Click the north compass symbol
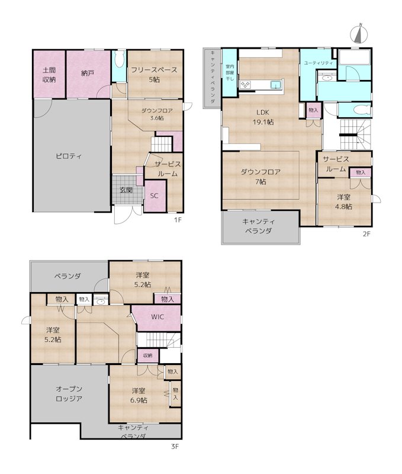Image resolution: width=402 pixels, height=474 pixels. click(359, 33)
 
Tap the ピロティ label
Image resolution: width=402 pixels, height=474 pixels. click(69, 156)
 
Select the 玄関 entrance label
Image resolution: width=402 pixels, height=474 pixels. click(126, 190)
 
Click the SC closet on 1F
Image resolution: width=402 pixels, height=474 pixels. click(155, 196)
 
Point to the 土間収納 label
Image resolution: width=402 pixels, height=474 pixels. click(49, 75)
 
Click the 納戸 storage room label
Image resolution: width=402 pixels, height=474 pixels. click(88, 73)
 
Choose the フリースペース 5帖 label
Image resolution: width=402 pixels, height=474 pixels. click(155, 75)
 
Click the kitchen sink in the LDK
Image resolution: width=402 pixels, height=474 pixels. click(276, 85)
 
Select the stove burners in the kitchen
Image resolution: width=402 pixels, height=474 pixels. click(245, 85)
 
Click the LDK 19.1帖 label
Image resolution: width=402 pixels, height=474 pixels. click(263, 117)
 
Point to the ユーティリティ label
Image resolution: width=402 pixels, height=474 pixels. click(319, 63)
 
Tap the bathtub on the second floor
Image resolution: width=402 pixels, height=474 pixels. click(355, 57)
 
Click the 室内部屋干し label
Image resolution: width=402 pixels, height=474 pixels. click(230, 72)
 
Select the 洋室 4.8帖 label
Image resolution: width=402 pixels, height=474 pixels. click(344, 202)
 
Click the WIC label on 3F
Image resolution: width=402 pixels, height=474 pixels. click(157, 317)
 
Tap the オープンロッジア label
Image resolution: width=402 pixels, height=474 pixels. click(69, 393)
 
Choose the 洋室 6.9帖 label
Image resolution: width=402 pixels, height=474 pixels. click(139, 395)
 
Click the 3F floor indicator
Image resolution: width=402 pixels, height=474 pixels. click(175, 446)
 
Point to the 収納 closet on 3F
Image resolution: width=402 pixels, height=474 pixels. click(147, 356)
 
